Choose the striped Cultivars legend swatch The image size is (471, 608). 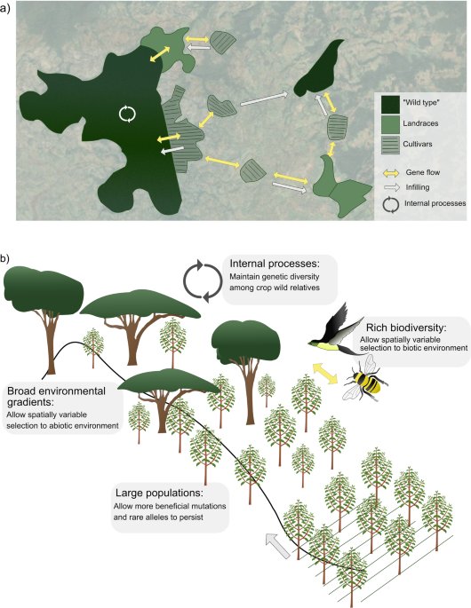pos(388,146)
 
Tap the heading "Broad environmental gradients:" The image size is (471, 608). pos(60,391)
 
